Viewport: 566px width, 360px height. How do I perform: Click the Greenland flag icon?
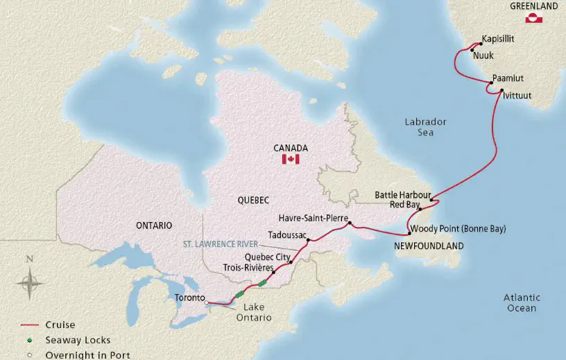coord(533,19)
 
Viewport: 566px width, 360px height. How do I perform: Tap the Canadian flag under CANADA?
coord(290,160)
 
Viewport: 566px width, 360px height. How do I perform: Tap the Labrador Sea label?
coord(425,126)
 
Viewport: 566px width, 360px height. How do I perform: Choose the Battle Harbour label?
coord(403,194)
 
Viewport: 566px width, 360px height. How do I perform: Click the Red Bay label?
coord(405,205)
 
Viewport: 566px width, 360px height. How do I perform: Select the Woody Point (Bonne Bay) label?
coord(458,228)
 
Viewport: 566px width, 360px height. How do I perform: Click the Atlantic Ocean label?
coord(521,302)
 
